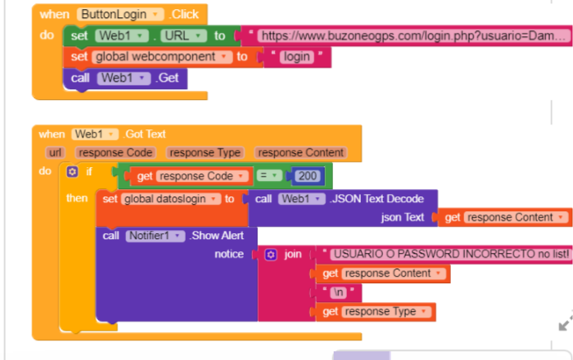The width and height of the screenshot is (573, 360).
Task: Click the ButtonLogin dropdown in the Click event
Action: [x=120, y=15]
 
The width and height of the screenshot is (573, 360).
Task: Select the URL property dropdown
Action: [x=183, y=36]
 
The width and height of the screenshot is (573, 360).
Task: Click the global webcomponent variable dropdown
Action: [x=163, y=57]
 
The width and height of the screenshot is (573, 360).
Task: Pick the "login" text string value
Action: [x=296, y=57]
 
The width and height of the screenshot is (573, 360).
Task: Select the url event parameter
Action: [x=55, y=153]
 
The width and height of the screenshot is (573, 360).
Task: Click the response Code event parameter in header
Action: [x=115, y=153]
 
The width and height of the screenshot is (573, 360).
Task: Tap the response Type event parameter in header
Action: [x=205, y=153]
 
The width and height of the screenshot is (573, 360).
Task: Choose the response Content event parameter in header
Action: [x=300, y=153]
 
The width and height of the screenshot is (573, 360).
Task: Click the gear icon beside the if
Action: [x=72, y=172]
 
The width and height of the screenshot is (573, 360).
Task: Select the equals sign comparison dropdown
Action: [x=269, y=176]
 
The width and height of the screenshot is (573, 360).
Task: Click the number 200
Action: [x=308, y=176]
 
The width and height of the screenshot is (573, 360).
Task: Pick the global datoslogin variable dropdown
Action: [x=171, y=199]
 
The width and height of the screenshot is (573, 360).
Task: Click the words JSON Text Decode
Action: [x=377, y=199]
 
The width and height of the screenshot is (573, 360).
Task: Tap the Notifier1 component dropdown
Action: [x=156, y=236]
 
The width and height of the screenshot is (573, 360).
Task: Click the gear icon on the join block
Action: [x=271, y=254]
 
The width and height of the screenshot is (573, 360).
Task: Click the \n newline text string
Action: [x=338, y=292]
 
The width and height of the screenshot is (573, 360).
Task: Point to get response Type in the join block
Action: [x=376, y=312]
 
